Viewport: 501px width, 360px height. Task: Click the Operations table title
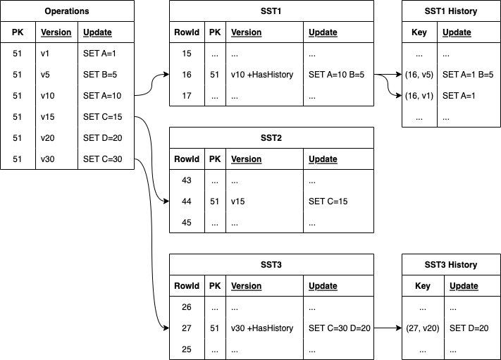[x=67, y=11]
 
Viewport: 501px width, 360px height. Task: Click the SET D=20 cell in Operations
[x=102, y=137]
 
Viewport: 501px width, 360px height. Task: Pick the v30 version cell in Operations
[x=47, y=159]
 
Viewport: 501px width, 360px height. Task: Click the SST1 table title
[x=271, y=11]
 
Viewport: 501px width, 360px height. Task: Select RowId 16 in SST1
[x=187, y=75]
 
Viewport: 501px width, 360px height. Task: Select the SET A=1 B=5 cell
[x=467, y=75]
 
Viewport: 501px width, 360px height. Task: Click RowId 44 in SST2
[x=187, y=201]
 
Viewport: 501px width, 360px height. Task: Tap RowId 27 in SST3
[x=187, y=328]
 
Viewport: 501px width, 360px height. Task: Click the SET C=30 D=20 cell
[x=340, y=328]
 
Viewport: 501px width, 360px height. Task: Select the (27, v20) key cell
[x=423, y=328]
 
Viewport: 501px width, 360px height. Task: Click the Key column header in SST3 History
[x=423, y=286]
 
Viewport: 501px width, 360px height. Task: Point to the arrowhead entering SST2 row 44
[x=166, y=201]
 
